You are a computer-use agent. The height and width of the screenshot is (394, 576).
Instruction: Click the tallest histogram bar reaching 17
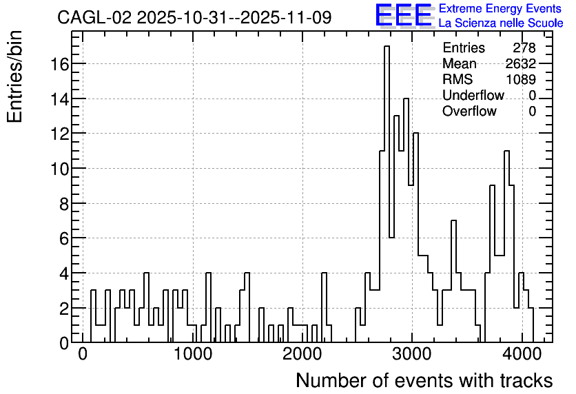[387, 194]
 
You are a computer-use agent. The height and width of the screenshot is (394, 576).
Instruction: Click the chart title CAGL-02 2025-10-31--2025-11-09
[194, 17]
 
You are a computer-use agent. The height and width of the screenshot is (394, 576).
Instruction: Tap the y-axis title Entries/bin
[14, 76]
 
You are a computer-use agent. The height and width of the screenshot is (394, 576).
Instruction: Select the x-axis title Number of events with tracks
[424, 380]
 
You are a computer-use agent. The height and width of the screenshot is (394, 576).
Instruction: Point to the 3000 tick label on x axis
[412, 355]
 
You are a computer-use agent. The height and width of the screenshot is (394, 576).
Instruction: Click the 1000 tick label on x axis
[192, 355]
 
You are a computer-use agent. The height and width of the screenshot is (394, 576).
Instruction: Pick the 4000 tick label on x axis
[522, 355]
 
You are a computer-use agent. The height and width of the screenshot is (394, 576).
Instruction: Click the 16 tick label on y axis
[60, 64]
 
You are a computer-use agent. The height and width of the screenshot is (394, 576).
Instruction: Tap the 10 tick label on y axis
[60, 169]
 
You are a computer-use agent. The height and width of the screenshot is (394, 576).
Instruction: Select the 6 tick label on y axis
[64, 239]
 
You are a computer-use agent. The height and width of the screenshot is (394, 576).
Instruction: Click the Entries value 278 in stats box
[524, 48]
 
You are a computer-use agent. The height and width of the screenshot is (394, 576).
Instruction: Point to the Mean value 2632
[520, 63]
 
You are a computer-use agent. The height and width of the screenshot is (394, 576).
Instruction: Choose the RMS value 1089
[520, 79]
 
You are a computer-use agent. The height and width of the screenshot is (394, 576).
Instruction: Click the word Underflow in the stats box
[473, 95]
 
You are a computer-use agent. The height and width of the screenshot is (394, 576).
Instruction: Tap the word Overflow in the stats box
[469, 111]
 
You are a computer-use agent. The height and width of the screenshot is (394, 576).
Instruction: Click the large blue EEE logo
[404, 15]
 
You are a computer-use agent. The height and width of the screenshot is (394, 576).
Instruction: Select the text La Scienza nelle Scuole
[501, 23]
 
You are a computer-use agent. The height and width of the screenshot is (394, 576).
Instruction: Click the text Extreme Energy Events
[500, 8]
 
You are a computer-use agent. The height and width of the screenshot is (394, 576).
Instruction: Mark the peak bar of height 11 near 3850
[507, 247]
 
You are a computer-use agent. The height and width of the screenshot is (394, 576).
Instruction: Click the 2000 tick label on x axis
[302, 355]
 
